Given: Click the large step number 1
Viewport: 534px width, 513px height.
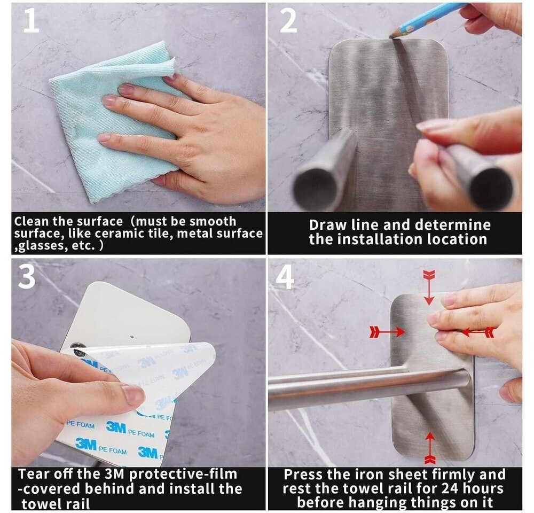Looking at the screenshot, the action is [32, 21].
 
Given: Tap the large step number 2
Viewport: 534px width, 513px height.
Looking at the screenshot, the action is [288, 21].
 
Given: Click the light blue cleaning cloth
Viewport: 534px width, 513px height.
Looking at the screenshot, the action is [112, 123].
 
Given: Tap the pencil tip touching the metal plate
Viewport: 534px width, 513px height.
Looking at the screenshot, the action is [391, 35].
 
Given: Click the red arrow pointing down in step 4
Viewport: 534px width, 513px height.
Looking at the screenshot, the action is [429, 286].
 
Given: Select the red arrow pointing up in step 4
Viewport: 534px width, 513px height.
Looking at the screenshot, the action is [430, 448].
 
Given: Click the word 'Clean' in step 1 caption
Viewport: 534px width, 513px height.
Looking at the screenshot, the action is [32, 221].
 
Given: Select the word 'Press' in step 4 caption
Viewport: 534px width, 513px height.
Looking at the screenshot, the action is [300, 475].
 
